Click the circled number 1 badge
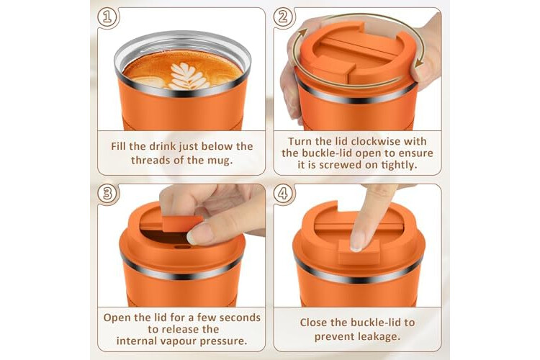tap(107, 17)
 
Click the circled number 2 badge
tap(283, 17)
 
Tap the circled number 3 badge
tap(107, 193)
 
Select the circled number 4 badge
tap(283, 193)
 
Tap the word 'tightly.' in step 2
tap(399, 165)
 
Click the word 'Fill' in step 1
tap(118, 146)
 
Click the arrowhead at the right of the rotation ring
tap(419, 63)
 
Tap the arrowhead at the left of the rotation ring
tap(302, 33)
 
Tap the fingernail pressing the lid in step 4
tap(357, 240)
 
